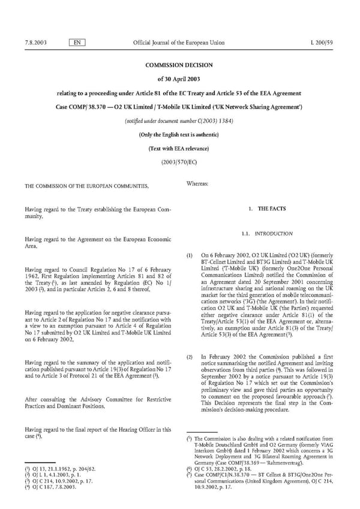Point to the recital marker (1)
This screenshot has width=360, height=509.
tap(190, 255)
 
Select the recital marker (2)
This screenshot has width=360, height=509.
tap(190, 357)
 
